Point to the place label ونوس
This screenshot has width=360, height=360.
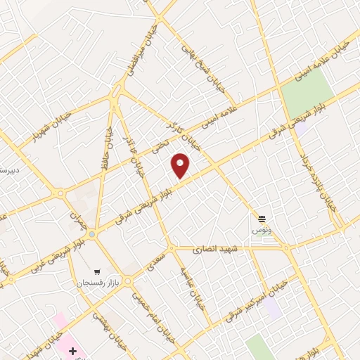point(262,229)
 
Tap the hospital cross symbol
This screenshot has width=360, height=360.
point(72,349)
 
